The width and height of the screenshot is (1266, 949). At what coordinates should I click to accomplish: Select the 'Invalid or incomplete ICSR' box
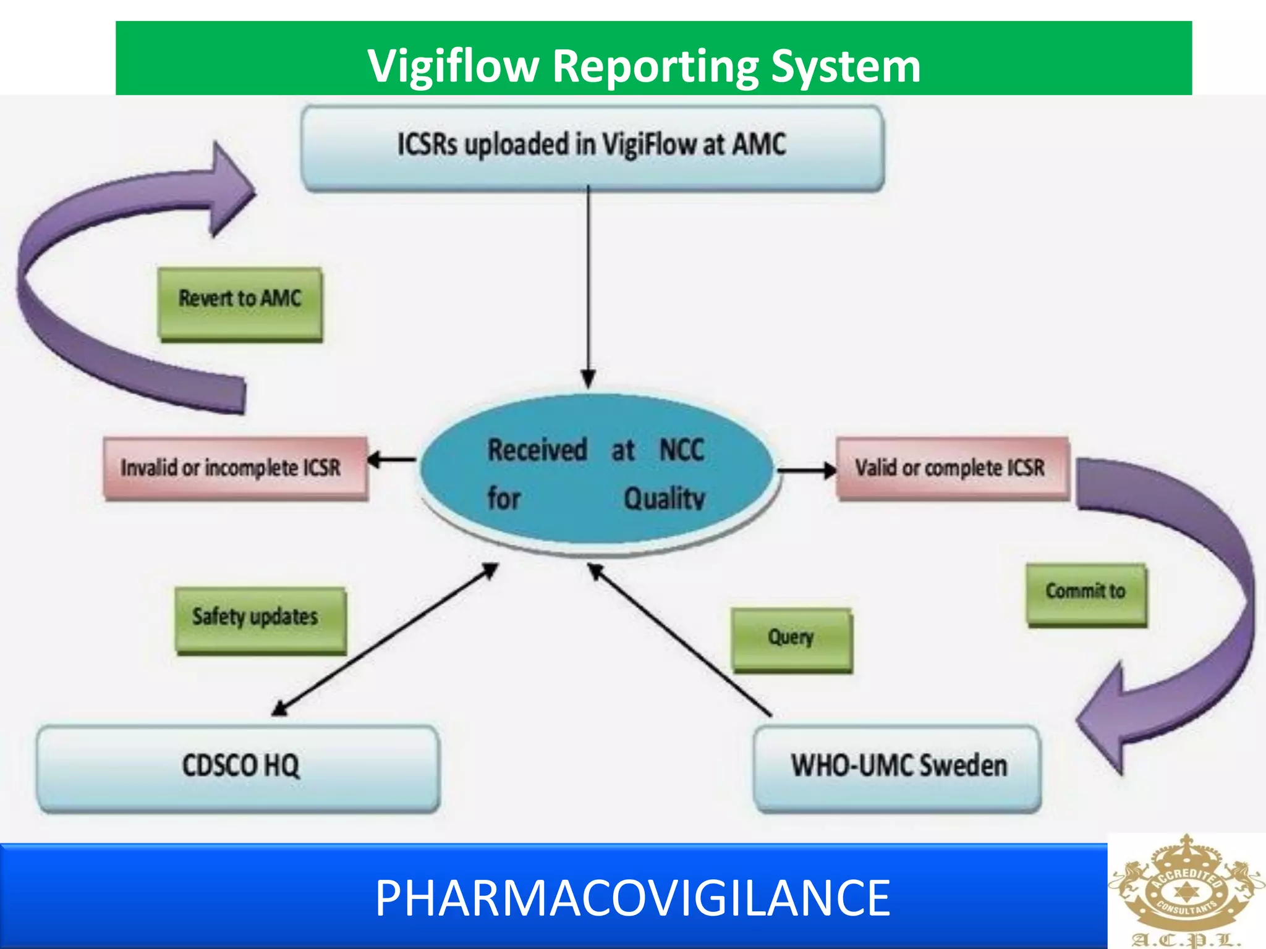pyautogui.click(x=235, y=468)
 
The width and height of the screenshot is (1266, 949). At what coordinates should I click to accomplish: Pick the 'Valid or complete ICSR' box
pyautogui.click(x=951, y=468)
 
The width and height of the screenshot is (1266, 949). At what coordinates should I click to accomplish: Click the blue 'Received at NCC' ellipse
pyautogui.click(x=597, y=473)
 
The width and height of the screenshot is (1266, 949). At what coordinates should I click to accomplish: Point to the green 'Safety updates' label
pyautogui.click(x=260, y=619)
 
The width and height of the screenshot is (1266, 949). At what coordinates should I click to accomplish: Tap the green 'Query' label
pyautogui.click(x=791, y=639)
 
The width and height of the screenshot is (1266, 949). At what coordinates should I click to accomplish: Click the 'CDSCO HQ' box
pyautogui.click(x=239, y=767)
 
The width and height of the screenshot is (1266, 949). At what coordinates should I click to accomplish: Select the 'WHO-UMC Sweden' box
pyautogui.click(x=898, y=767)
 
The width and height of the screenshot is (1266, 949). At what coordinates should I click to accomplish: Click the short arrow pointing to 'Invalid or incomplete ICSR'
pyautogui.click(x=393, y=460)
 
